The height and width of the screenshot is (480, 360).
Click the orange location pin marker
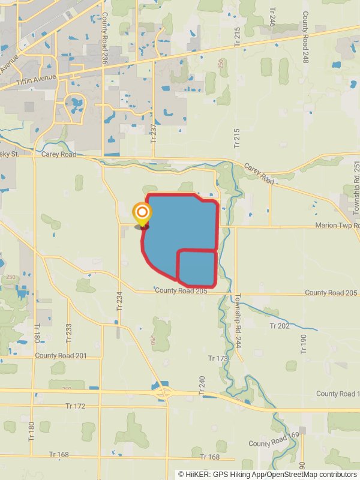pyautogui.click(x=142, y=214)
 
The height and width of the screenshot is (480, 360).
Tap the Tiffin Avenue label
pyautogui.click(x=36, y=77)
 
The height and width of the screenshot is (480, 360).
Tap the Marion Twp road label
pyautogui.click(x=336, y=226)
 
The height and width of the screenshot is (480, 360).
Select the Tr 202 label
pyautogui.click(x=280, y=326)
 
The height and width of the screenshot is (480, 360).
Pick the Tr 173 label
pyautogui.click(x=218, y=358)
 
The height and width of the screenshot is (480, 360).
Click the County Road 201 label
pyautogui.click(x=61, y=356)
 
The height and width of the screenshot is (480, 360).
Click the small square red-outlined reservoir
pyautogui.click(x=197, y=268)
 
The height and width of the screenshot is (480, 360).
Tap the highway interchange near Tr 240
pyautogui.click(x=164, y=392)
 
